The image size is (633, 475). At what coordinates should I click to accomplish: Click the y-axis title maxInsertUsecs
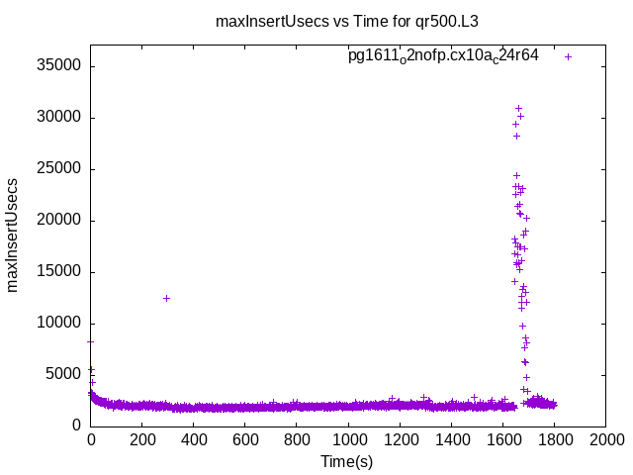(13, 236)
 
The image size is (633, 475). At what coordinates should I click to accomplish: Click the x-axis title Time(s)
(348, 461)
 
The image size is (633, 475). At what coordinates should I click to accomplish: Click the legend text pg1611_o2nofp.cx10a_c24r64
(443, 55)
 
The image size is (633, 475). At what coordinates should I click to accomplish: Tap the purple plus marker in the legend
(568, 56)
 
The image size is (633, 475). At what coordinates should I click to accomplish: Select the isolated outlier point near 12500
(167, 298)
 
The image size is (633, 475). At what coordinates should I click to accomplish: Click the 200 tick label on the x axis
(142, 440)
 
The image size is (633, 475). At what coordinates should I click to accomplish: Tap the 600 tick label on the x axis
(245, 440)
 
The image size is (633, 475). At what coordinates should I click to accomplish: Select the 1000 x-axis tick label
(348, 440)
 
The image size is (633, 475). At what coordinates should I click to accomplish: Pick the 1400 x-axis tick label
(451, 440)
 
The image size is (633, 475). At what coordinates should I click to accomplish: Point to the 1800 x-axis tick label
(554, 440)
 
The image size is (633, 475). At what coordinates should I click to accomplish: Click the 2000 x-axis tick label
(605, 440)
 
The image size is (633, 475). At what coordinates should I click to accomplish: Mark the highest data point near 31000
(518, 108)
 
